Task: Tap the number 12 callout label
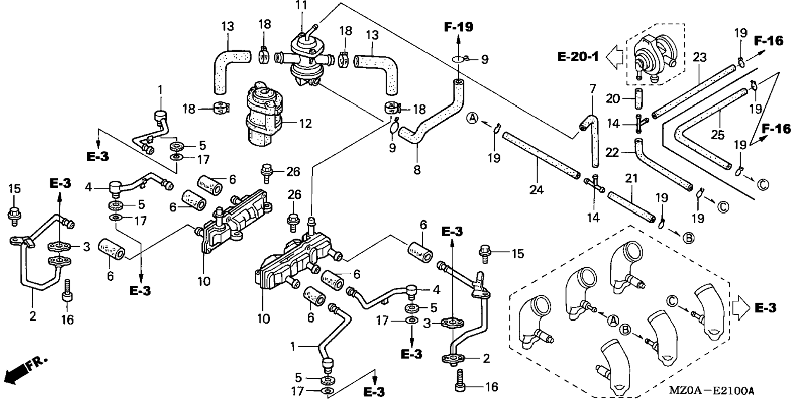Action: click(305, 123)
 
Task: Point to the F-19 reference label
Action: click(459, 27)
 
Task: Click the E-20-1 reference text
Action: click(578, 57)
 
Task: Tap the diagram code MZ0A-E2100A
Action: click(711, 390)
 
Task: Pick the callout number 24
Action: click(536, 190)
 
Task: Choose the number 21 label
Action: click(631, 179)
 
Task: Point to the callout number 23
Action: click(699, 57)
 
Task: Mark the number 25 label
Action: click(718, 134)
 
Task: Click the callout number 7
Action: click(593, 88)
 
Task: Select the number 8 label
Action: click(417, 170)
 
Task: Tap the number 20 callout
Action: click(613, 98)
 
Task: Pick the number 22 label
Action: click(612, 153)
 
